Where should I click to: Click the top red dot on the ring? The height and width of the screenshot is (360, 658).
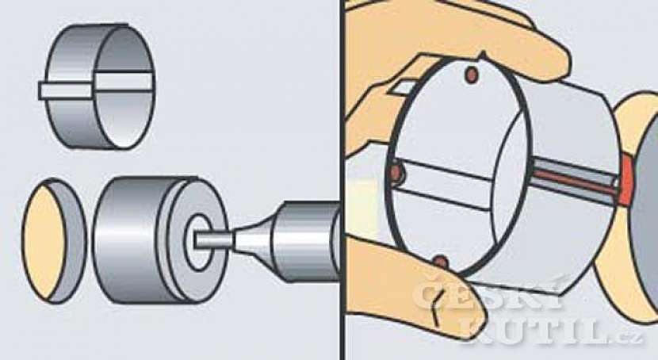(472, 75)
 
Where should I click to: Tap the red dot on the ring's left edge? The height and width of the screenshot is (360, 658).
(396, 171)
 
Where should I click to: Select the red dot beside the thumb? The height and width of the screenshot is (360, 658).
(441, 262)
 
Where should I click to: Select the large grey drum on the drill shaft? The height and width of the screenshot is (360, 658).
(160, 239)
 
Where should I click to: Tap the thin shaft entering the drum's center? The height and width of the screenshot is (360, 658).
(212, 239)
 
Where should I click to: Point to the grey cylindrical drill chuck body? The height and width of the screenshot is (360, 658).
(307, 241)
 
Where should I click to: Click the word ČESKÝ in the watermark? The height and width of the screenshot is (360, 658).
(489, 295)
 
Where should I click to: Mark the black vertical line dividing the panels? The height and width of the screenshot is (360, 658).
(343, 180)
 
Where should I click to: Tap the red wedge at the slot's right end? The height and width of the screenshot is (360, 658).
(626, 181)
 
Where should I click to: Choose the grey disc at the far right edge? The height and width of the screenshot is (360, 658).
(645, 218)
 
